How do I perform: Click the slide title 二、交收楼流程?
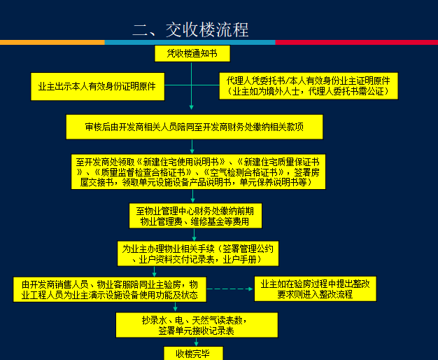pos(190,30)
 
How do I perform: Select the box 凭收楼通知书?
pos(192,53)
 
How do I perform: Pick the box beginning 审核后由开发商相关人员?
pos(194,127)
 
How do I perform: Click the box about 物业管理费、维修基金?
pos(195,216)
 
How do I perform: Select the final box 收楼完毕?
pos(192,353)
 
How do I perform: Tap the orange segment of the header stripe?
pos(52,43)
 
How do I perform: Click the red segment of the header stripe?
pos(357,43)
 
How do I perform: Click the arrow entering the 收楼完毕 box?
pos(192,342)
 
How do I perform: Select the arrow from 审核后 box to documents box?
pos(192,146)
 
